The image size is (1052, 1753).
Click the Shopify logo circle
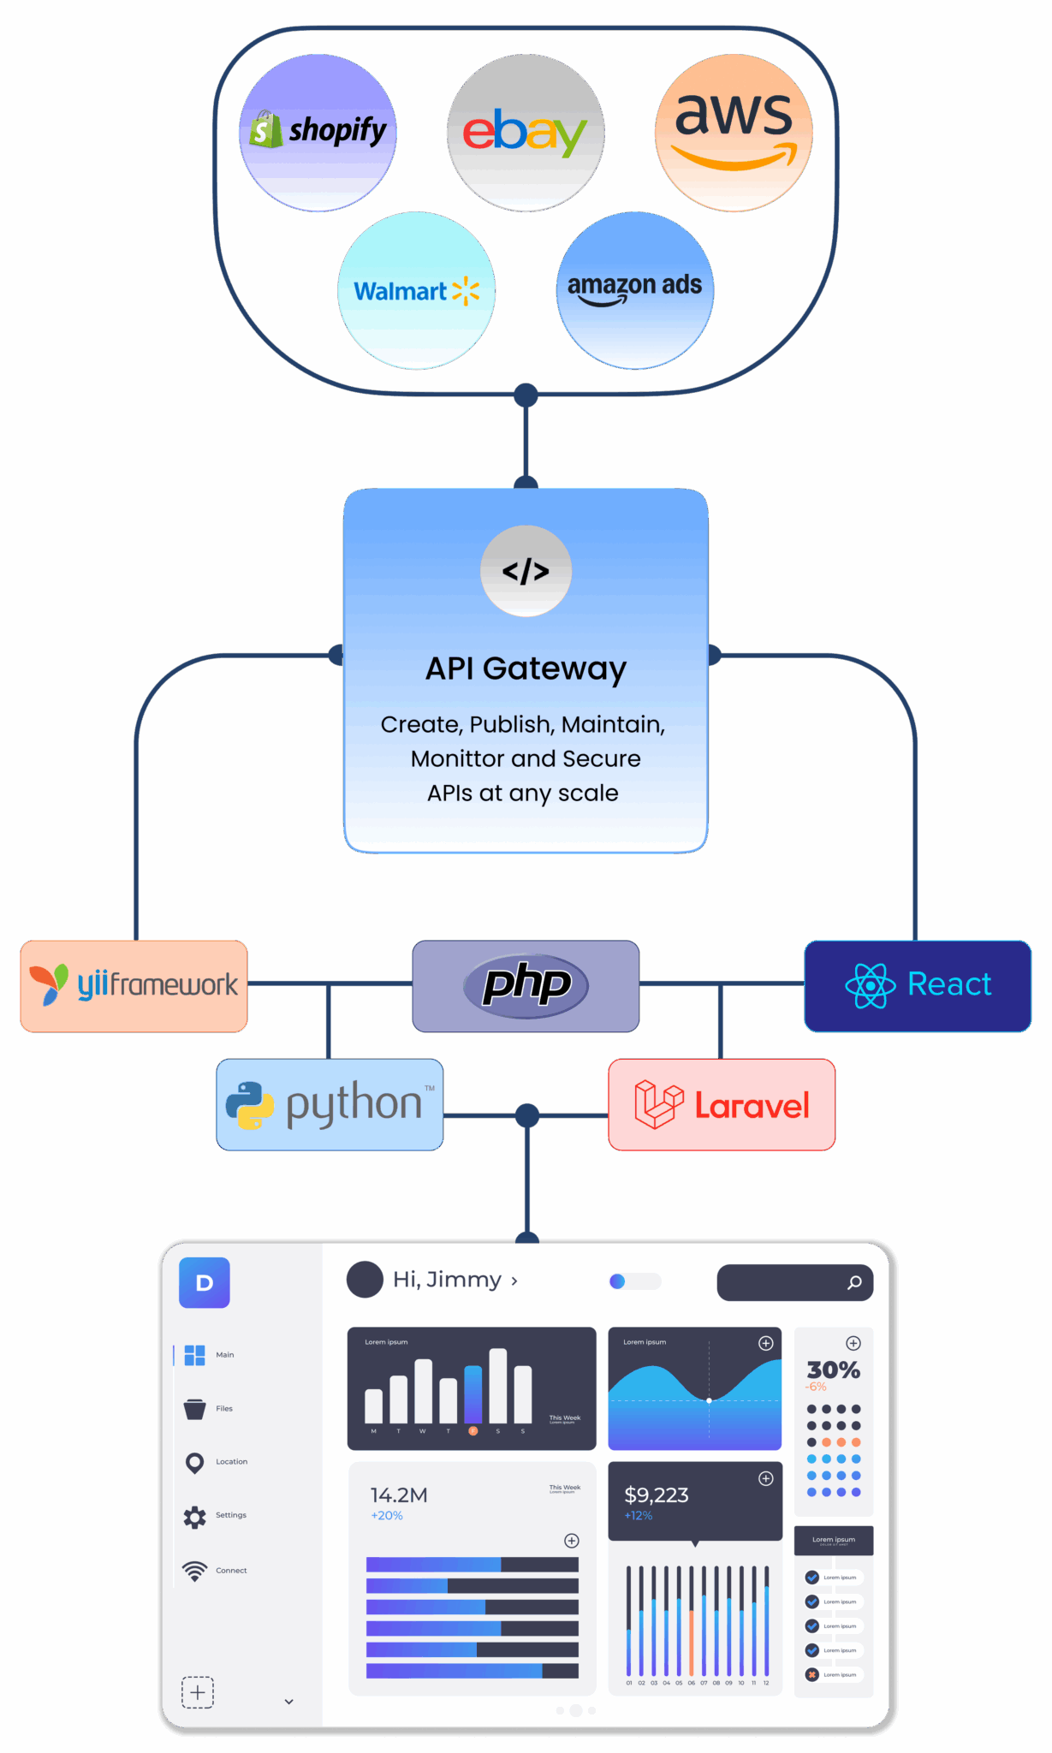(x=318, y=133)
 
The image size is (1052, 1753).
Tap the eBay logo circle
(x=526, y=133)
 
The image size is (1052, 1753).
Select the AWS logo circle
(x=734, y=133)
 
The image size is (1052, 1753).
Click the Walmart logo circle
(x=417, y=291)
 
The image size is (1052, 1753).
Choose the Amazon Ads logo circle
(x=635, y=290)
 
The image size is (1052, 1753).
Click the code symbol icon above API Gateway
(x=526, y=571)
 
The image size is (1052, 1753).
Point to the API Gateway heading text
(x=526, y=669)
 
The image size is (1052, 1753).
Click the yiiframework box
(x=134, y=985)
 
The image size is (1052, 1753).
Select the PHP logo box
(x=526, y=985)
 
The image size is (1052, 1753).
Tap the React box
(x=918, y=985)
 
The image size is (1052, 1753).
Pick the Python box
(x=330, y=1104)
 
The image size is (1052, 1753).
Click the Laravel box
(x=722, y=1104)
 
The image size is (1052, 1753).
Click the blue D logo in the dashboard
(x=205, y=1282)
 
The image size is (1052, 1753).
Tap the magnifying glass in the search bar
(x=854, y=1282)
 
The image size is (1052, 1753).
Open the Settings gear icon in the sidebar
(x=195, y=1517)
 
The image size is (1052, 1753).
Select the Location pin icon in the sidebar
(x=195, y=1463)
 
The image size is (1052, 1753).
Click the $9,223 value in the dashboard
(x=657, y=1495)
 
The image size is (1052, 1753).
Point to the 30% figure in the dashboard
(x=833, y=1370)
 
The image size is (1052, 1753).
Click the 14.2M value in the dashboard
(x=399, y=1495)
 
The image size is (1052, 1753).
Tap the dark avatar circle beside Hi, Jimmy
(x=365, y=1280)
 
